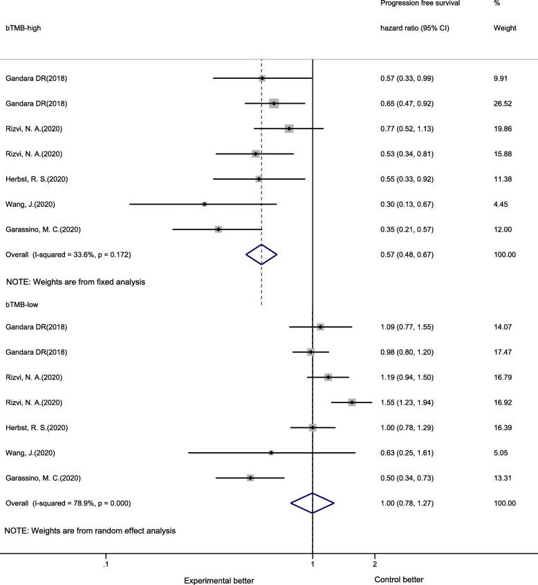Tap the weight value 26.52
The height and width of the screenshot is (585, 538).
pos(499,104)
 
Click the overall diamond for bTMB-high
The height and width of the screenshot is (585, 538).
pos(261,254)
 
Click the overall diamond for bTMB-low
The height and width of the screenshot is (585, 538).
pos(313,503)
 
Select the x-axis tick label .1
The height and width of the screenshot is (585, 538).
pos(105,564)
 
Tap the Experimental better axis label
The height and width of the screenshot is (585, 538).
pos(219,579)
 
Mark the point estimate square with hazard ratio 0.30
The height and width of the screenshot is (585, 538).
pos(205,204)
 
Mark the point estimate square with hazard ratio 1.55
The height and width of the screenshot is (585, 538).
pos(352,402)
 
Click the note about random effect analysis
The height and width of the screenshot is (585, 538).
pos(90,531)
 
